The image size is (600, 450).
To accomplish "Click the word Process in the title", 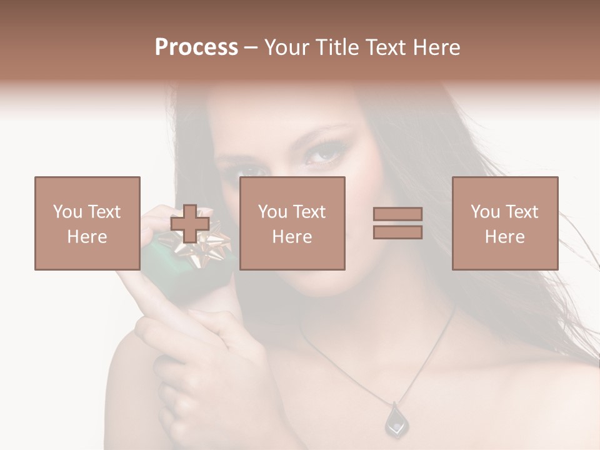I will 196,47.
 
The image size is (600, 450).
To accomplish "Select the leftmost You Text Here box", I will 87,223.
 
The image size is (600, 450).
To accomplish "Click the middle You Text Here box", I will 292,223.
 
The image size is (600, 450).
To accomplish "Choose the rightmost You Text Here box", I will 504,223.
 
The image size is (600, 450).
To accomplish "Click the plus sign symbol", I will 190,224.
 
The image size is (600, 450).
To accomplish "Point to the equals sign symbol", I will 397,223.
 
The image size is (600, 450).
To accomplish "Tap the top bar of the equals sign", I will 397,214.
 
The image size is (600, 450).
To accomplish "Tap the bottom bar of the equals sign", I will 397,232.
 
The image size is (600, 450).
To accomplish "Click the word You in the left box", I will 67,212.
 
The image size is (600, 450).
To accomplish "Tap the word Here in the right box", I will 504,237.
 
